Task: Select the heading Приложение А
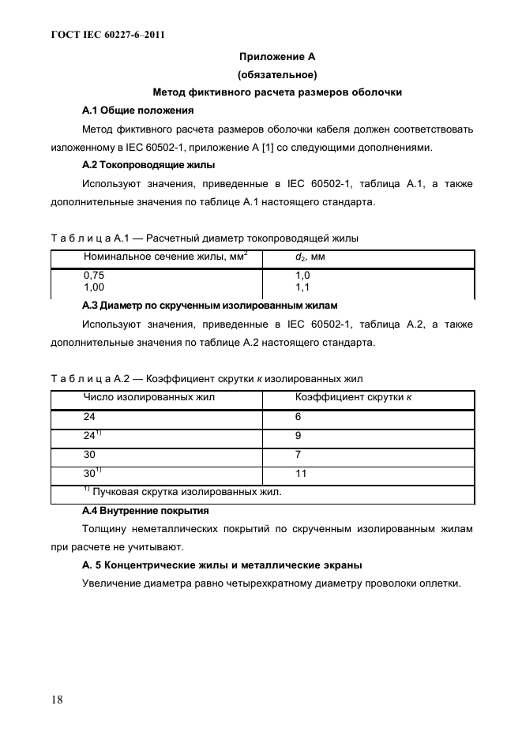click(x=277, y=57)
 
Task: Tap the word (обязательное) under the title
click(x=277, y=75)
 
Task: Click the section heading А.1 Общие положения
click(x=137, y=110)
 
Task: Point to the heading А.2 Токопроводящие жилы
click(x=148, y=165)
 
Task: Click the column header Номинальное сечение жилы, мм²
click(x=165, y=257)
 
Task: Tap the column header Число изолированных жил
click(x=148, y=397)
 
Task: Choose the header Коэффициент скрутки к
click(x=353, y=397)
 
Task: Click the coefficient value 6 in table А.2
click(x=299, y=417)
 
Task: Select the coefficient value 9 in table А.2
click(x=299, y=436)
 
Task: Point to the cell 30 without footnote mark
click(x=90, y=455)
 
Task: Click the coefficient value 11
click(x=301, y=475)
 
